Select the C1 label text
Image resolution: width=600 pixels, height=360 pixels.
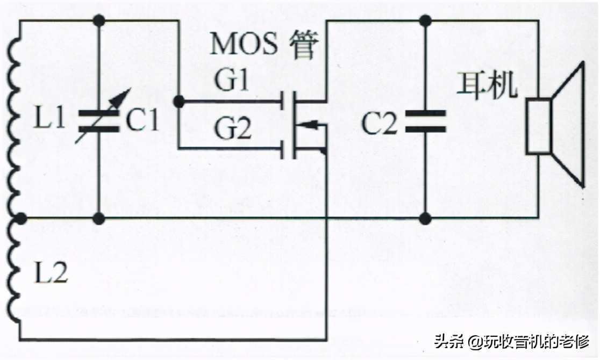click(x=142, y=121)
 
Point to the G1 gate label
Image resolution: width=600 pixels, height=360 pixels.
click(x=232, y=81)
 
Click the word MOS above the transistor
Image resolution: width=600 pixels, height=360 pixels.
click(x=244, y=44)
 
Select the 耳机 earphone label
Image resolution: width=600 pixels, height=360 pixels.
click(x=487, y=85)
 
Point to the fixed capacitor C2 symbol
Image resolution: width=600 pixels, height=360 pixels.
click(x=425, y=121)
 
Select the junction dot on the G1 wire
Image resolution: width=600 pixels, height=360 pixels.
click(x=178, y=101)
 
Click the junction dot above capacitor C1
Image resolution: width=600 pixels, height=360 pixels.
click(x=98, y=20)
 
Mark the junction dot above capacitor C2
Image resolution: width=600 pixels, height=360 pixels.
click(x=425, y=20)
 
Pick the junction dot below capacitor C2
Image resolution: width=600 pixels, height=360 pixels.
click(x=425, y=218)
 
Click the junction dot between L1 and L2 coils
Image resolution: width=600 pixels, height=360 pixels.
click(x=20, y=218)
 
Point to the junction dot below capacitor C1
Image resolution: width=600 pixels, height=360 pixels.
click(x=98, y=218)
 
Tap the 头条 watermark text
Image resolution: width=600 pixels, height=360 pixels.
click(x=448, y=342)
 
